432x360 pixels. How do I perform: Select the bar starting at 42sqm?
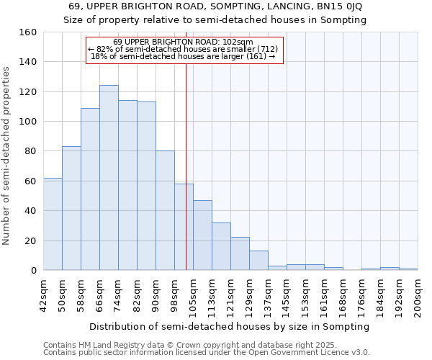(53, 224)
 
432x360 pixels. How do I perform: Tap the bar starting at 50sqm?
(71, 208)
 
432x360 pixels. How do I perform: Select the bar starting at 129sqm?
(258, 260)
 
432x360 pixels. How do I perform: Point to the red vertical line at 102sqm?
(186, 166)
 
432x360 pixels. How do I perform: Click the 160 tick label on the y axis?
(27, 32)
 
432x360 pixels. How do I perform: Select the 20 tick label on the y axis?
(30, 240)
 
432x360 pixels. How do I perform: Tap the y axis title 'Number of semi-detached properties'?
(6, 151)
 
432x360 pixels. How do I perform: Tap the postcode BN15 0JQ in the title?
(339, 6)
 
